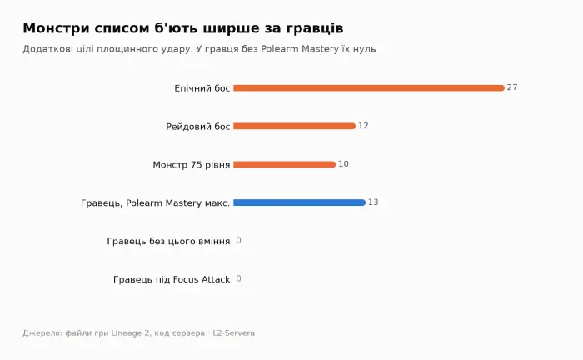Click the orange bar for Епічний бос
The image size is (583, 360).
coord(369,88)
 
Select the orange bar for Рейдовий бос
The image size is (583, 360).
coord(294,126)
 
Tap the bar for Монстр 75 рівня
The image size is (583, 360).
coord(285,164)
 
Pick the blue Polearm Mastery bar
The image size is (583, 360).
coord(299,202)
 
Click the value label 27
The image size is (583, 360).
coord(512,87)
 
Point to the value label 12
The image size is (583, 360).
coord(363,126)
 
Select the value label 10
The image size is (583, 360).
coord(343,164)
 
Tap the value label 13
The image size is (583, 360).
coord(373,202)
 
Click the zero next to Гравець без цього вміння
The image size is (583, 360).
coord(238,241)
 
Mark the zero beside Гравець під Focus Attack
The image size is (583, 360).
coord(238,279)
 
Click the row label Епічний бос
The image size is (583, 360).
coord(202,88)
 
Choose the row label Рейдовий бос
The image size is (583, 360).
coord(198,127)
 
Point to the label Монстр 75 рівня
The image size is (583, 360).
coord(192,165)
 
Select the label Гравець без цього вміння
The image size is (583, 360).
coord(168,242)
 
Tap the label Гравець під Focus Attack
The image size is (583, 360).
coord(172,280)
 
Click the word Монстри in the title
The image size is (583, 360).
coord(56,28)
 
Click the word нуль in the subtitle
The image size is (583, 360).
coord(365,49)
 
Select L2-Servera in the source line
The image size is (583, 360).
coord(233,332)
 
